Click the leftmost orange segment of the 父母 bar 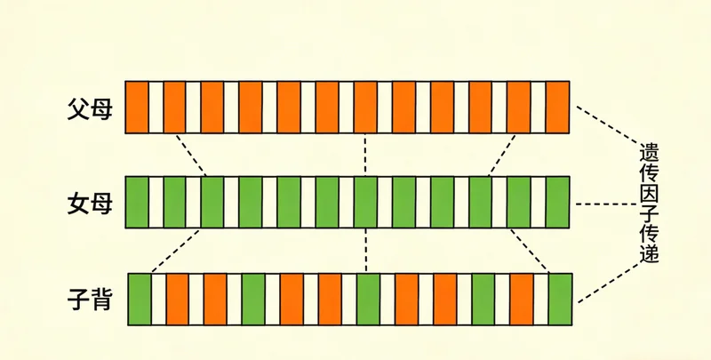click(136, 108)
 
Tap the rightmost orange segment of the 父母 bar click(557, 108)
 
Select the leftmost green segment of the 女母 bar click(136, 203)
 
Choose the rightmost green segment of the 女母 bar click(557, 203)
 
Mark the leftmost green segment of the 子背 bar click(140, 300)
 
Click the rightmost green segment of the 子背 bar click(560, 300)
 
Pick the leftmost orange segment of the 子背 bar click(178, 300)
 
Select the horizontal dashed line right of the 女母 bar click(604, 204)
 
